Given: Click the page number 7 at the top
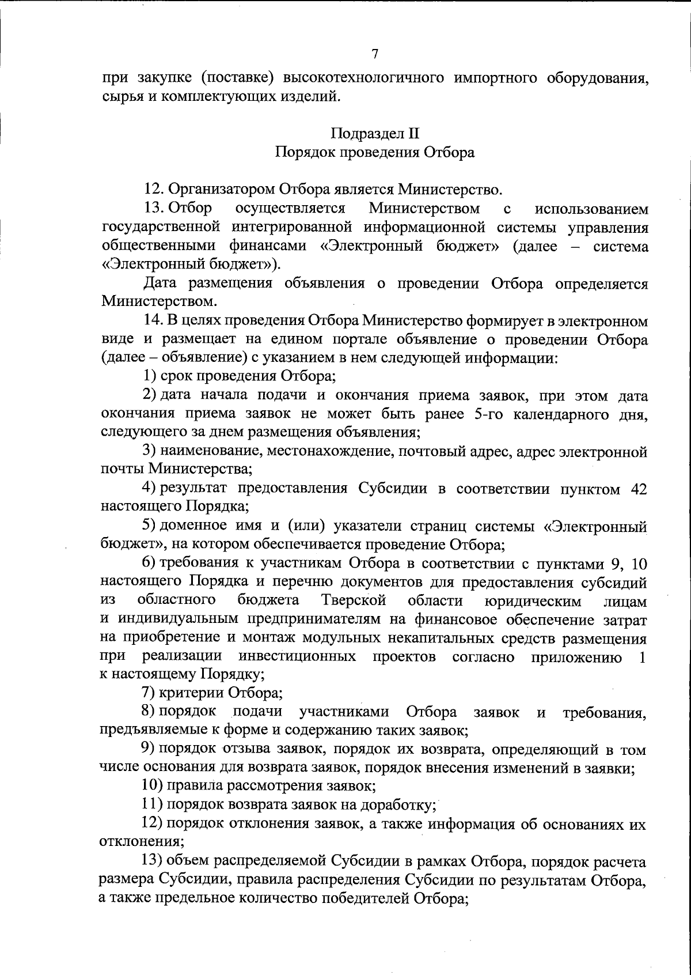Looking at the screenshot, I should [x=375, y=54].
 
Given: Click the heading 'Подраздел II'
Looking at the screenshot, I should [x=374, y=134].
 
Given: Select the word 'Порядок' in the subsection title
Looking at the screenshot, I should [x=301, y=153].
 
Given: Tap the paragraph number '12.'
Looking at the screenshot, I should [x=154, y=189].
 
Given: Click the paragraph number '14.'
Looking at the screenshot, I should [x=154, y=321].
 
